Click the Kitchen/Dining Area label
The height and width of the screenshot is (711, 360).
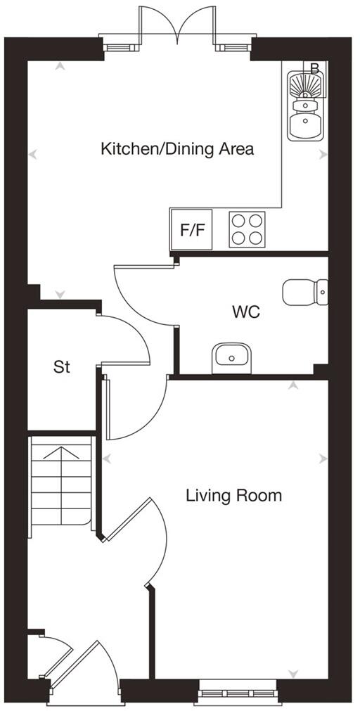coord(177,149)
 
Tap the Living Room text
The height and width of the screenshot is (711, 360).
coord(233,495)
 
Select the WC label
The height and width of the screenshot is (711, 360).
coord(246,312)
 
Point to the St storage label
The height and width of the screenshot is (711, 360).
coord(62,367)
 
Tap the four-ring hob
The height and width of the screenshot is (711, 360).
coord(247,229)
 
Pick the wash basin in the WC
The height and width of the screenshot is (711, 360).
coord(231,357)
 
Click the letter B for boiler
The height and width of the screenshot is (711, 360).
coord(315,68)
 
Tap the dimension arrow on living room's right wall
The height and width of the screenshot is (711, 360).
coord(323,459)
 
